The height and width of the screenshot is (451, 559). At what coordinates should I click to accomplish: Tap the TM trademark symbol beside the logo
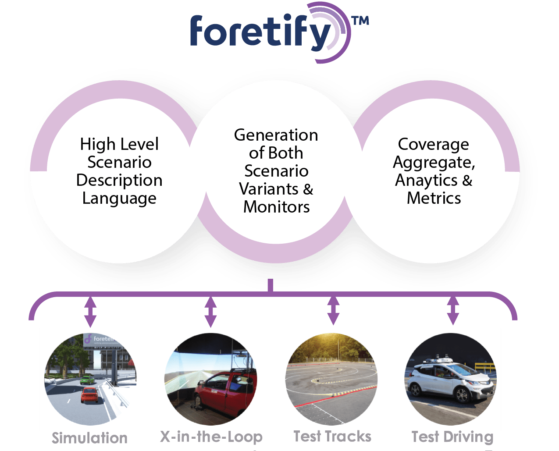pos(360,21)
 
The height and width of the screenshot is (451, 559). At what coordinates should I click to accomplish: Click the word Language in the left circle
pos(119,199)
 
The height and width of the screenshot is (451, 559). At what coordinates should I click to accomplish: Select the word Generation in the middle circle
pos(276,135)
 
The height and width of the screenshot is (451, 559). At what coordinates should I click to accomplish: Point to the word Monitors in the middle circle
pos(276,207)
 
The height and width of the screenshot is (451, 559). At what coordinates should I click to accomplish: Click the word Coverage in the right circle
pos(433,144)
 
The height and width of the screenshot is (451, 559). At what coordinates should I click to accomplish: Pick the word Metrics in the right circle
pos(434,198)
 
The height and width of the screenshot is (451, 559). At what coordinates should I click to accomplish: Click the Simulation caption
pos(89,438)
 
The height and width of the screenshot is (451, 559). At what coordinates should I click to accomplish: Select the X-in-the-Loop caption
pos(211,437)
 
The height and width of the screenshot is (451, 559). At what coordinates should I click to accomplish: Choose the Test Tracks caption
pos(332,437)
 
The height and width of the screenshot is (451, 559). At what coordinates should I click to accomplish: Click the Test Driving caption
pos(452,437)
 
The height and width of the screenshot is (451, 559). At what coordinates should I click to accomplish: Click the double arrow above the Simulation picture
pos(90,311)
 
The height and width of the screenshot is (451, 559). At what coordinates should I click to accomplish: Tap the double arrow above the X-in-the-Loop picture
pos(211,311)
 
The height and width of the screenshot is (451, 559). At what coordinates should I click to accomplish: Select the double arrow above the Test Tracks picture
pos(333,310)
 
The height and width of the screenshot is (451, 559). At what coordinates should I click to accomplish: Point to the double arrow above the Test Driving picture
pos(452,310)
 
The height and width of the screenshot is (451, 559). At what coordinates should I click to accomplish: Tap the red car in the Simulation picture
pos(89,394)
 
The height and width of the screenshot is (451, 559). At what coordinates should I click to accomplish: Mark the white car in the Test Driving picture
pos(447,381)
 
